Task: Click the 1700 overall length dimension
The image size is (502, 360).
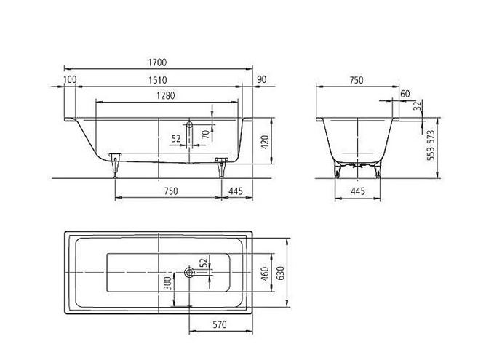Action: click(x=158, y=63)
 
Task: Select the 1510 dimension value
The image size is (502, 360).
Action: click(x=158, y=80)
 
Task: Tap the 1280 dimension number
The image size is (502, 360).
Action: click(x=166, y=96)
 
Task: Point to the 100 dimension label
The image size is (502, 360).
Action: click(x=70, y=80)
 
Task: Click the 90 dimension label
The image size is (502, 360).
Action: click(x=262, y=80)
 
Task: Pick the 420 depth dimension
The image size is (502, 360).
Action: click(x=265, y=142)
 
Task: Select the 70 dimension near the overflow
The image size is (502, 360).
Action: click(x=205, y=134)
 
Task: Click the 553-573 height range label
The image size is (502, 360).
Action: click(x=431, y=145)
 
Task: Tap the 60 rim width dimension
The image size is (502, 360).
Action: click(x=405, y=94)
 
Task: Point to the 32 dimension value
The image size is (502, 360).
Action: click(x=417, y=106)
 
